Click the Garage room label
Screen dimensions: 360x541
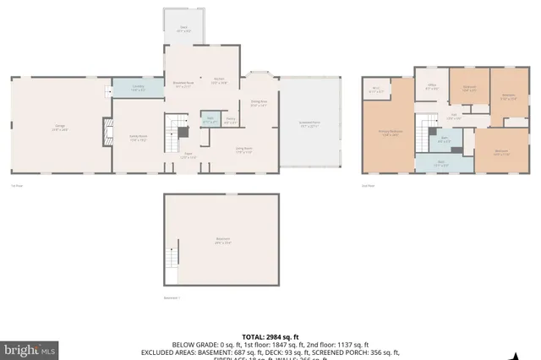tap(60, 128)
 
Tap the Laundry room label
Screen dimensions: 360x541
tap(138, 87)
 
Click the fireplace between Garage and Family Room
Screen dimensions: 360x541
tap(107, 131)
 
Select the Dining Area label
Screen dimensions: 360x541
tap(258, 104)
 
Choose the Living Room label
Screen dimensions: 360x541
tap(244, 150)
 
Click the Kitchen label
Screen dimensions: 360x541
tap(218, 82)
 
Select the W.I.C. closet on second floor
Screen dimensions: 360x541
tap(376, 90)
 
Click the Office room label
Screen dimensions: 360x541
tap(431, 86)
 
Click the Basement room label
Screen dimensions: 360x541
tap(221, 238)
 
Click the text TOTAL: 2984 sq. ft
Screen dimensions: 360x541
tap(270, 336)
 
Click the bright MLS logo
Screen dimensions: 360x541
tap(30, 348)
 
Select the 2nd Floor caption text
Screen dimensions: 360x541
tap(368, 184)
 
